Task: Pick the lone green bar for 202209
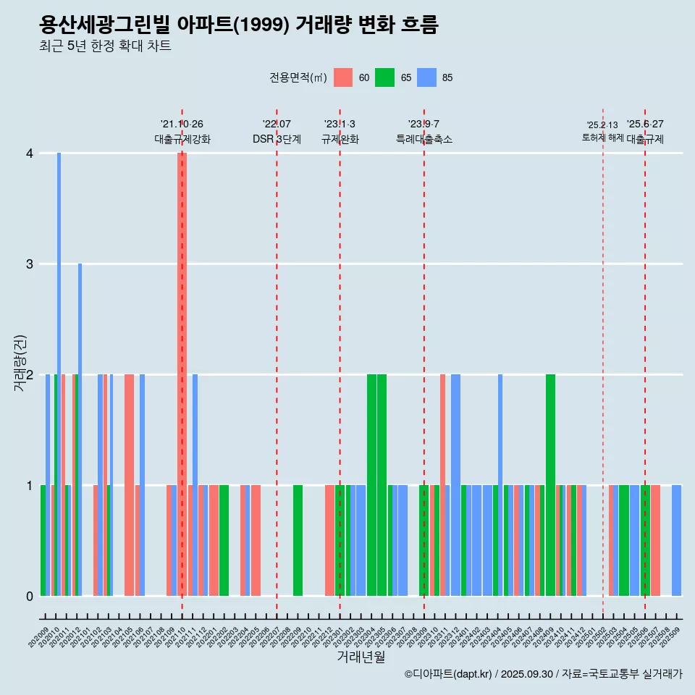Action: tap(298, 540)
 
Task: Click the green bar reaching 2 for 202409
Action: tap(550, 485)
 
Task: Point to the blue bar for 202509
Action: tap(676, 540)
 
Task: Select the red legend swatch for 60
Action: tap(343, 77)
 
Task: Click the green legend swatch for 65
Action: tap(384, 77)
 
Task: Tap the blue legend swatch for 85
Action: tap(426, 77)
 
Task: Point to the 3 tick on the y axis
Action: tap(30, 264)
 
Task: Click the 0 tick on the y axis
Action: tap(30, 597)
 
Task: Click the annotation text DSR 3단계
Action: tap(277, 139)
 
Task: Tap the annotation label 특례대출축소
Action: tap(424, 139)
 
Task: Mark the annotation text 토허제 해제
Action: tap(602, 137)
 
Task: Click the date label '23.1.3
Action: tap(340, 125)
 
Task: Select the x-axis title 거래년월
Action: tap(361, 657)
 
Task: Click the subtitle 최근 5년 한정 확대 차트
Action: tap(106, 46)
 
